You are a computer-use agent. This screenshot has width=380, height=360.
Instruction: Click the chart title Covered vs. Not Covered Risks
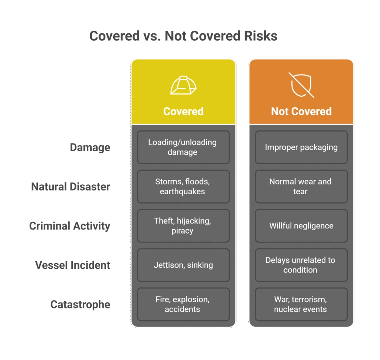click(x=183, y=36)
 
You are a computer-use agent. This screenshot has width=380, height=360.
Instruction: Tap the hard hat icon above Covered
click(x=183, y=86)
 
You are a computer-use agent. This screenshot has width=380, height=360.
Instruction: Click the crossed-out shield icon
click(x=301, y=85)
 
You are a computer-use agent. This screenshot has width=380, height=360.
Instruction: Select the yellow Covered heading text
click(x=183, y=111)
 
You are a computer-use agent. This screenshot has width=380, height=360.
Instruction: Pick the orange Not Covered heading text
click(x=301, y=111)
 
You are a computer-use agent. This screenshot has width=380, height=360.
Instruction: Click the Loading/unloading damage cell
click(x=183, y=147)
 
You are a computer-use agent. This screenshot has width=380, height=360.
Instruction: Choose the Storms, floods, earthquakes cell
click(x=183, y=186)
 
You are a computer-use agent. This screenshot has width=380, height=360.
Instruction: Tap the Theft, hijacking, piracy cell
click(x=183, y=226)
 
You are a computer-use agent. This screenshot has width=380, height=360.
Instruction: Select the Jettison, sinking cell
click(x=183, y=265)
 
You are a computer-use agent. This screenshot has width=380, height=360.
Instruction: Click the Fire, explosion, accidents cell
click(x=183, y=304)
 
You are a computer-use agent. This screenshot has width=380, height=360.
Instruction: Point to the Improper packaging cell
click(x=301, y=147)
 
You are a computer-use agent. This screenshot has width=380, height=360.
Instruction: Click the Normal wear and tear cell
click(x=301, y=186)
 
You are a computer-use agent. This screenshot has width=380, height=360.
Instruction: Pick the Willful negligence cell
click(x=301, y=226)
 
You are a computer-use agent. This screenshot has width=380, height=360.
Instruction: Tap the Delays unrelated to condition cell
click(x=301, y=265)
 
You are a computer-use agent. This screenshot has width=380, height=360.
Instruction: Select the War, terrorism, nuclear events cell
click(x=301, y=304)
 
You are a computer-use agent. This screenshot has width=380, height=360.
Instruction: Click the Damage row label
click(x=90, y=148)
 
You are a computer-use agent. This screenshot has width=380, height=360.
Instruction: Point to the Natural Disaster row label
click(x=71, y=186)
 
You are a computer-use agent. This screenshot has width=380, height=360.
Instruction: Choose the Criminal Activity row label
click(x=70, y=226)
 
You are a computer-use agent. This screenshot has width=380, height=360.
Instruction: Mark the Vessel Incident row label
click(x=73, y=265)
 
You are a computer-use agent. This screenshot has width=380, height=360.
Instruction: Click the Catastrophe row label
click(x=80, y=304)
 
